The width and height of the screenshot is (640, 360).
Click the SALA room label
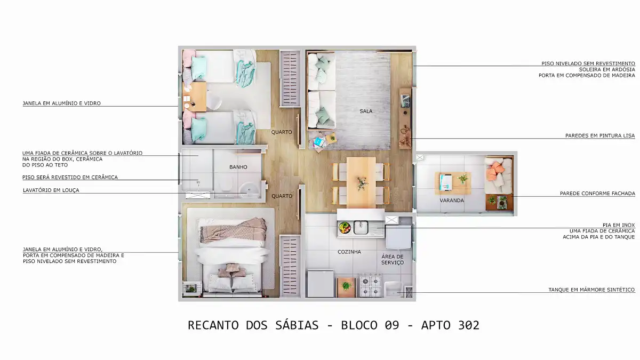(x=366, y=111)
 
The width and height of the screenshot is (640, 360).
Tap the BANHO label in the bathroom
(x=238, y=167)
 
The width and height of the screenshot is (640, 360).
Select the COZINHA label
(x=349, y=252)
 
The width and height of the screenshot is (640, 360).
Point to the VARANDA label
(x=452, y=201)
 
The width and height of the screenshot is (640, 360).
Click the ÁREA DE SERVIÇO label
(x=393, y=260)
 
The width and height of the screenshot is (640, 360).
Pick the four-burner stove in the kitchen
(x=370, y=285)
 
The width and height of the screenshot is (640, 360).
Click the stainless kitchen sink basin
(x=361, y=227)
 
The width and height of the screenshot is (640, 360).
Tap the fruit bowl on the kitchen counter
(x=345, y=228)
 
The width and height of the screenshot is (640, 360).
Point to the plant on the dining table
(x=361, y=183)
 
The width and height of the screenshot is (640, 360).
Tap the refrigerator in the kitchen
(x=321, y=283)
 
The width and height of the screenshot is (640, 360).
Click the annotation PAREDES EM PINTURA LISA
(x=600, y=135)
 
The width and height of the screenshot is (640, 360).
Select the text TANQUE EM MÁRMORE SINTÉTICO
(x=591, y=290)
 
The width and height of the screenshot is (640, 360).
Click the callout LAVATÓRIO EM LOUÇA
(x=51, y=190)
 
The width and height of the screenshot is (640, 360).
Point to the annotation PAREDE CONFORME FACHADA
(x=597, y=194)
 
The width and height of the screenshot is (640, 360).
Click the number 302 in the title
(x=469, y=325)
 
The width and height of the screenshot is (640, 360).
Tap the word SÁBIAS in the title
(x=297, y=325)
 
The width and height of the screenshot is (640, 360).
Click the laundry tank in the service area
(x=394, y=289)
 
